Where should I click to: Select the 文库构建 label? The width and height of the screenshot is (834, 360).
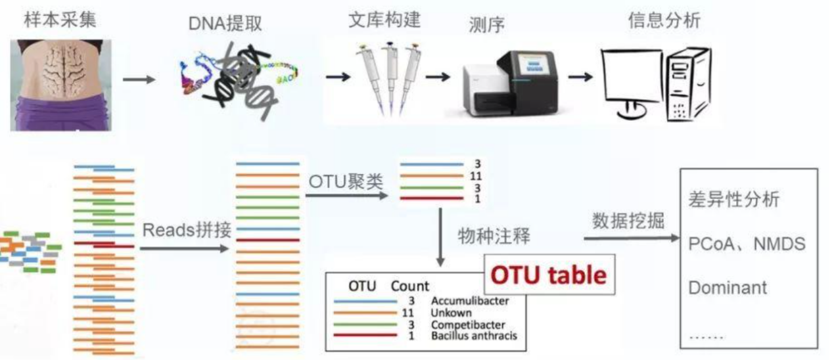(384, 18)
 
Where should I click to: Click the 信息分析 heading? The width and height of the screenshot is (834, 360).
(664, 20)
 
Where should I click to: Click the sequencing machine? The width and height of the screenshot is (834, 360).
(513, 85)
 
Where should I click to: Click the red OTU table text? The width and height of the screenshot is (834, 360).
(549, 275)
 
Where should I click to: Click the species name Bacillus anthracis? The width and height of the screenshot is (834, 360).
(474, 336)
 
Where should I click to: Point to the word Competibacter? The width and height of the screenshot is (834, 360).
(468, 325)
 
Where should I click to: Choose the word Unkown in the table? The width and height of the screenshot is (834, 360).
(451, 313)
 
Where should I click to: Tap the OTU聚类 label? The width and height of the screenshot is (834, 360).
(345, 180)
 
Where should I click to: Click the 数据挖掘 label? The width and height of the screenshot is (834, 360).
(628, 221)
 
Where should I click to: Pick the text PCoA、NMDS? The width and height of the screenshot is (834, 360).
(747, 244)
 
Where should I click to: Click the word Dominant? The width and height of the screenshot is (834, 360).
(728, 288)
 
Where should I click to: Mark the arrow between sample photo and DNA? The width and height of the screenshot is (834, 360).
(139, 80)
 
